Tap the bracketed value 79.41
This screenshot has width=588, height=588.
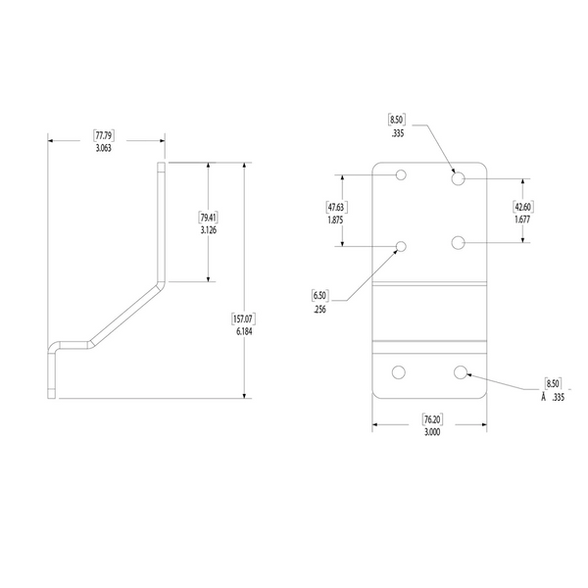[208, 217]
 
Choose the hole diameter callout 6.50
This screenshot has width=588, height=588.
[320, 295]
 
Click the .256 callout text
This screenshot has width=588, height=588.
[320, 309]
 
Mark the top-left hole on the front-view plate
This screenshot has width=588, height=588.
[401, 175]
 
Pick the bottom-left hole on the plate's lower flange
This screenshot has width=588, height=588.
[399, 371]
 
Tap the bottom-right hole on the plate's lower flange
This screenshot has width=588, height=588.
[461, 371]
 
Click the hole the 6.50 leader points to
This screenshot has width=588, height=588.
[401, 246]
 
